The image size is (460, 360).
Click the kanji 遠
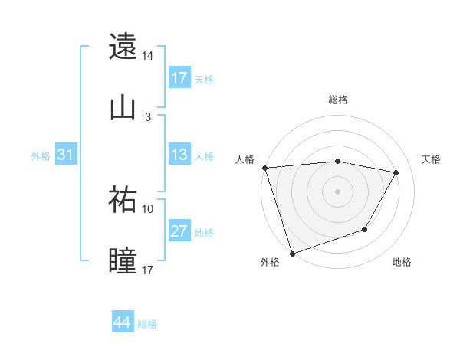123,46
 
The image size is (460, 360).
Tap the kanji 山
123,108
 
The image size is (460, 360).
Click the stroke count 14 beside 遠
148,56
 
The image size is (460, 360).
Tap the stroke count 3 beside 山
148,117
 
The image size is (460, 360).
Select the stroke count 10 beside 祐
148,208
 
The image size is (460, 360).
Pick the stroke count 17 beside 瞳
148,270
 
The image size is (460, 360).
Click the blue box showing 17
179,78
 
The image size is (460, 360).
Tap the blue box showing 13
179,155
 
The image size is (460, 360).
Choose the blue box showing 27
179,231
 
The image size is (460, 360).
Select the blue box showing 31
66,155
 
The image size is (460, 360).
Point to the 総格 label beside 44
148,324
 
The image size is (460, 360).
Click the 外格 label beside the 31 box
41,155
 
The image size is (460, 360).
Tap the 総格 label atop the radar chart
338,100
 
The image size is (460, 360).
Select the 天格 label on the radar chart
432,159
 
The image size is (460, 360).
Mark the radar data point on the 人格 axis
264,168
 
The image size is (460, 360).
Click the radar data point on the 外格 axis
292,253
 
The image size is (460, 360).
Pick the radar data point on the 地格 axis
365,229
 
